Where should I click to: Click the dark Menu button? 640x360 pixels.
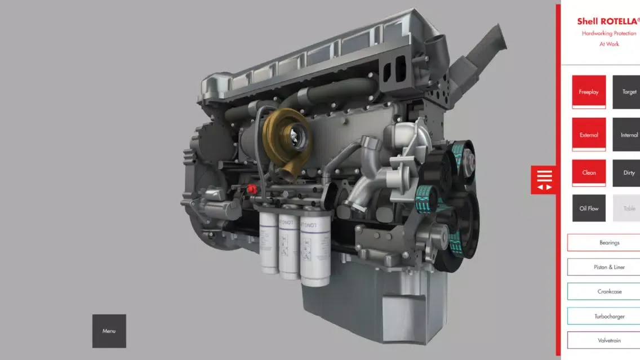tap(109, 331)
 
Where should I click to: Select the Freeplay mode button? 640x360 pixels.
tap(589, 92)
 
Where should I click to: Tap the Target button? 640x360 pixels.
tap(626, 92)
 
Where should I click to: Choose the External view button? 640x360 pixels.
tap(589, 135)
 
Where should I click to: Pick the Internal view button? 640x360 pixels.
tap(626, 135)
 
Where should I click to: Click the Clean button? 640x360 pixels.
tap(589, 172)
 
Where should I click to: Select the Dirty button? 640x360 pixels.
tap(626, 172)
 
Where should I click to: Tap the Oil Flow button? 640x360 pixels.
tap(589, 208)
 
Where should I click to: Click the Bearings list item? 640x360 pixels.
tap(604, 242)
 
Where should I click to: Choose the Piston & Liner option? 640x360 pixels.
tap(604, 267)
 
